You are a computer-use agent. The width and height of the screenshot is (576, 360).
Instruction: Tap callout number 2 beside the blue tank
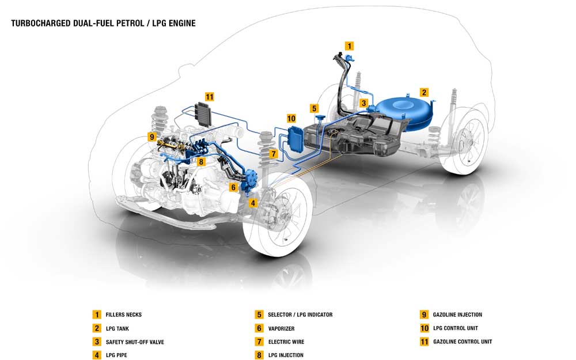click(x=424, y=92)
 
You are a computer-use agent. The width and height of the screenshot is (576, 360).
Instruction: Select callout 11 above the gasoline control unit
click(x=210, y=96)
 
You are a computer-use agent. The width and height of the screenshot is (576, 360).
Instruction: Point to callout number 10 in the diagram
click(x=291, y=118)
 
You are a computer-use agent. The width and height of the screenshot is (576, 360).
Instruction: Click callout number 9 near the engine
click(x=151, y=137)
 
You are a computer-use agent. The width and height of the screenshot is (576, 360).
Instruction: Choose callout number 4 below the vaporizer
click(x=252, y=202)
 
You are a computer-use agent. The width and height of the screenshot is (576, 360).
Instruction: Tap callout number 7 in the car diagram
click(x=274, y=154)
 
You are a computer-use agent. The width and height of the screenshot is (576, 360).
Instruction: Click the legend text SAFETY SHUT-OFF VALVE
click(x=135, y=342)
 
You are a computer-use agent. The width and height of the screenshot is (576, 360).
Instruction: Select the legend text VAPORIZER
click(x=281, y=328)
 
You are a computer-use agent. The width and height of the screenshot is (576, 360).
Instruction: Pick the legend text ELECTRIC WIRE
click(x=286, y=342)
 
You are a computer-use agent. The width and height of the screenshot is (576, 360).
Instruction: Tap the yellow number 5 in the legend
click(x=259, y=315)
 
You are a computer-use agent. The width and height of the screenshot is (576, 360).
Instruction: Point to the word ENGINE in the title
click(x=180, y=24)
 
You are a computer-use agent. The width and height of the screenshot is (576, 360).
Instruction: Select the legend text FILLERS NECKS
click(x=123, y=315)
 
